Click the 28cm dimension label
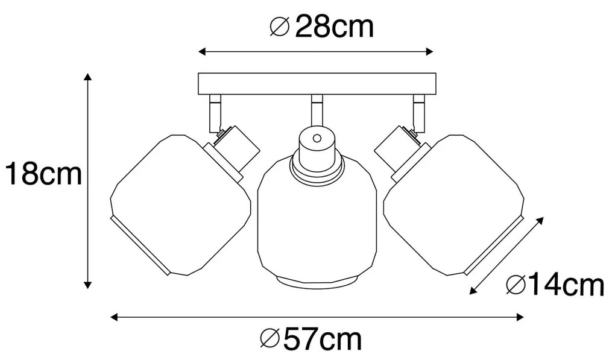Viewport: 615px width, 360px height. pyautogui.click(x=334, y=27)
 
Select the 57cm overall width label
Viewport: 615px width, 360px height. pyautogui.click(x=322, y=339)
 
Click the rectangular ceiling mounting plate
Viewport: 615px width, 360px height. pyautogui.click(x=317, y=84)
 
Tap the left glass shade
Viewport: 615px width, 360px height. pyautogui.click(x=180, y=204)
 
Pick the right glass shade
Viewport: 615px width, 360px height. pyautogui.click(x=454, y=204)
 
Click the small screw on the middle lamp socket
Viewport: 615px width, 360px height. pyautogui.click(x=317, y=138)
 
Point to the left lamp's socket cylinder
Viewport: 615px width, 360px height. pyautogui.click(x=232, y=151)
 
